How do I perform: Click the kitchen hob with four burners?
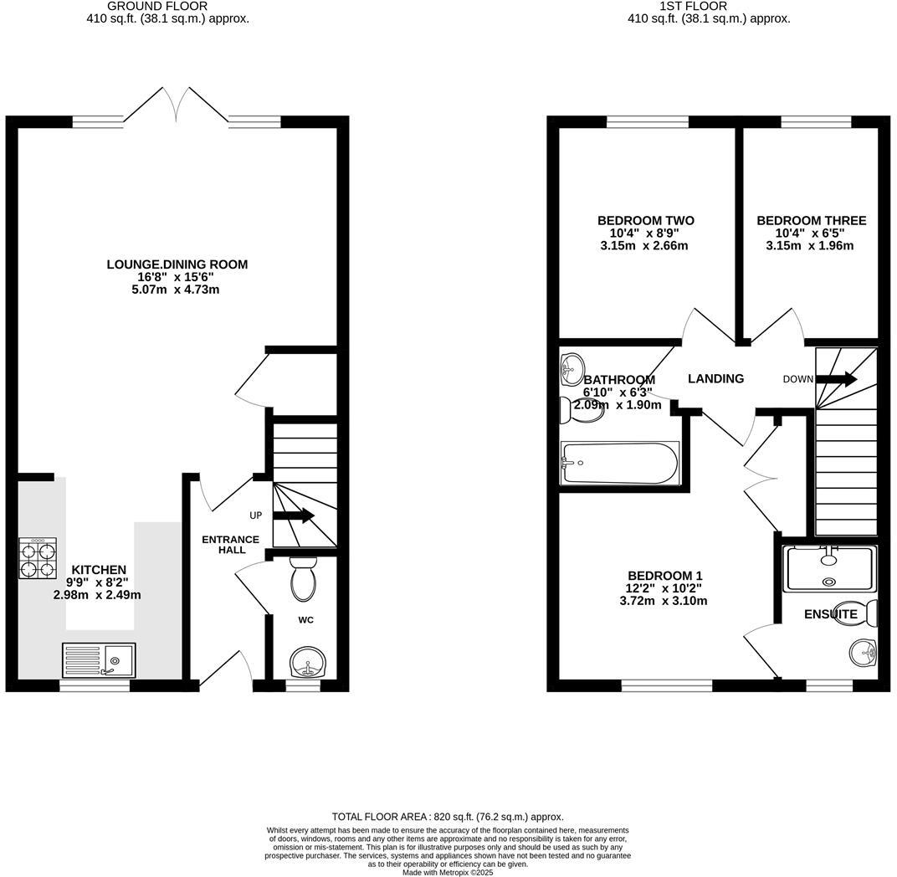coord(38,558)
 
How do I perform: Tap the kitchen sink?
coord(98,660)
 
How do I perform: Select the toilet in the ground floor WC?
coord(302,579)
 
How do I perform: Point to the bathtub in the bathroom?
coord(619,463)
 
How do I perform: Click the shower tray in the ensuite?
coord(829,568)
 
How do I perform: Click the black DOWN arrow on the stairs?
coord(836,379)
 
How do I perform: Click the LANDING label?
coord(715,379)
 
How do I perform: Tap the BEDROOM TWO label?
coord(645,221)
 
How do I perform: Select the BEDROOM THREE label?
coord(811,221)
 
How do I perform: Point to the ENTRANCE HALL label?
coord(231,545)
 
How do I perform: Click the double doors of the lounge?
coord(177,105)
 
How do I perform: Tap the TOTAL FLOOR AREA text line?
coord(448,817)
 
